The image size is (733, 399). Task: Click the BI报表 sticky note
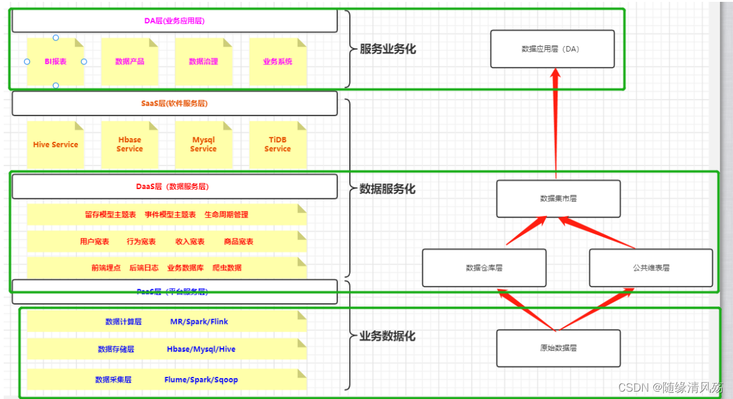[x=55, y=61]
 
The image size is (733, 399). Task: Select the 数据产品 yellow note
[x=130, y=61]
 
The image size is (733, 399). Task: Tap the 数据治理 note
[x=203, y=61]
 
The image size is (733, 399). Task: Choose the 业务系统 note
[x=277, y=61]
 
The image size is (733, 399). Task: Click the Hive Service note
[x=55, y=145]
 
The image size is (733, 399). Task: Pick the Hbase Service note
[x=130, y=145]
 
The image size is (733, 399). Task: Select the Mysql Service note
[x=203, y=145]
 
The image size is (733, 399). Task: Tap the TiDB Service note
[x=277, y=145]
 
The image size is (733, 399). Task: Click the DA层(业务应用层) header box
[x=174, y=21]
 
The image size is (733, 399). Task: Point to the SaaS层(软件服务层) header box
[x=174, y=104]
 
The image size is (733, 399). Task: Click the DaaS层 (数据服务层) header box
[x=174, y=187]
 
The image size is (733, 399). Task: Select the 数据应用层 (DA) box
[x=552, y=49]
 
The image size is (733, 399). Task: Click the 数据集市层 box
[x=558, y=199]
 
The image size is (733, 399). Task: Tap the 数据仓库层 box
[x=484, y=268]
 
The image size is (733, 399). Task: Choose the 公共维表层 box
[x=651, y=268]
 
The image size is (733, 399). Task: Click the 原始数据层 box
[x=558, y=348]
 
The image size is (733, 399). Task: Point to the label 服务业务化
[x=387, y=49]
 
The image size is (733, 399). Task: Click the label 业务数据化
[x=387, y=336]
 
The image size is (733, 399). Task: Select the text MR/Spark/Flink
[x=199, y=322]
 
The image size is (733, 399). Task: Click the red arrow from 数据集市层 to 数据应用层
[x=556, y=123]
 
